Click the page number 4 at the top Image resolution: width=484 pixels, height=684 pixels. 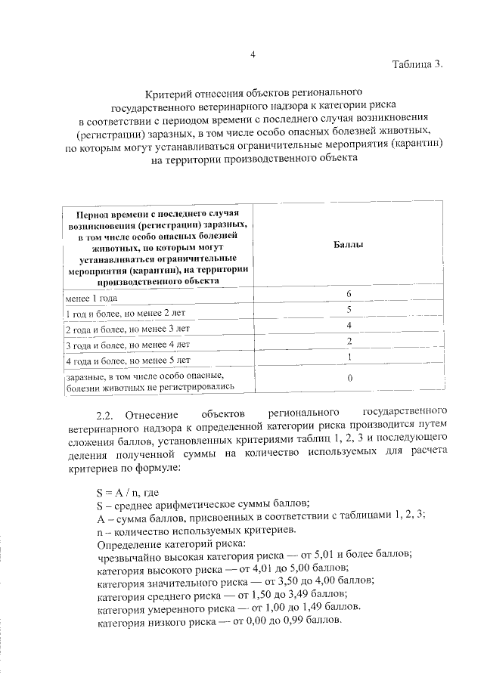click(x=253, y=54)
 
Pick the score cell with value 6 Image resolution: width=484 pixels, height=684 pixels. click(x=349, y=293)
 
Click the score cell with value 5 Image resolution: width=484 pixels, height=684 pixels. click(x=349, y=309)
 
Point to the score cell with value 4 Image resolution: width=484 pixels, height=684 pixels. click(x=349, y=325)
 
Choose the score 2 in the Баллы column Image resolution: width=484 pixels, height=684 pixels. click(x=349, y=341)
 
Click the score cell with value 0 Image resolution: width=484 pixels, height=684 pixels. click(x=349, y=379)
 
